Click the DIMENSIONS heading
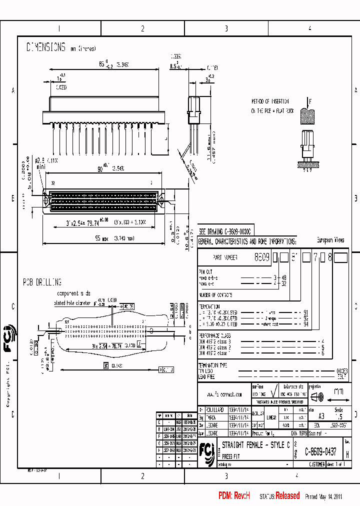coord(46,47)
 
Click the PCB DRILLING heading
coord(42,282)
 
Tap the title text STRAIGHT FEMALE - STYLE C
coord(255,445)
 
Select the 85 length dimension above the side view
coord(102,65)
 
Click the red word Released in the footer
coord(287,496)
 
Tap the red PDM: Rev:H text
coord(234,496)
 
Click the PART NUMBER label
coord(224,257)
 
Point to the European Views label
coord(330,240)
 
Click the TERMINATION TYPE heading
coord(212,365)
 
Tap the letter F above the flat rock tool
coord(310,102)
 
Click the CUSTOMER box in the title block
coord(317,464)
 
